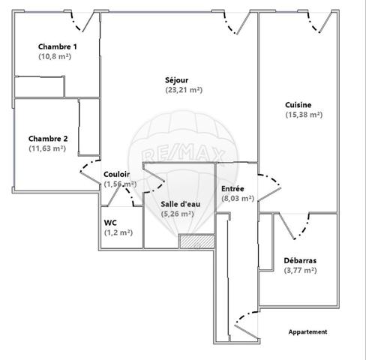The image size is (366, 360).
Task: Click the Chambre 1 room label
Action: pyautogui.click(x=58, y=46)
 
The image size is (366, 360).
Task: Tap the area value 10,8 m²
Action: pyautogui.click(x=55, y=56)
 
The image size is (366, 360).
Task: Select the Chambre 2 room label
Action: pyautogui.click(x=48, y=139)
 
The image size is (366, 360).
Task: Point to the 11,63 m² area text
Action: pyautogui.click(x=47, y=148)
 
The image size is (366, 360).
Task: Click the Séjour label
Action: pyautogui.click(x=177, y=80)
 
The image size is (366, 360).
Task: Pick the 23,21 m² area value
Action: pyautogui.click(x=184, y=90)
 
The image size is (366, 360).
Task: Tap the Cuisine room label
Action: pyautogui.click(x=298, y=105)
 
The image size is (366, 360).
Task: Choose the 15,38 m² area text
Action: pyautogui.click(x=304, y=115)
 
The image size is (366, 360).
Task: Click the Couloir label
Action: pyautogui.click(x=117, y=174)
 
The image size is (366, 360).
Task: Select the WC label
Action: pyautogui.click(x=110, y=223)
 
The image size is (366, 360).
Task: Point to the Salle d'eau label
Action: pyautogui.click(x=181, y=204)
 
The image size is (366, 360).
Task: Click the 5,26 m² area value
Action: pyautogui.click(x=178, y=214)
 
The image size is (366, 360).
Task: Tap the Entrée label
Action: pyautogui.click(x=232, y=189)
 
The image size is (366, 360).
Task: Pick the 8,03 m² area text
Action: pyautogui.click(x=238, y=199)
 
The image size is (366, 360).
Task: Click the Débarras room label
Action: pyautogui.click(x=300, y=261)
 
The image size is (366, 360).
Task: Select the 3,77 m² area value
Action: pyautogui.click(x=301, y=271)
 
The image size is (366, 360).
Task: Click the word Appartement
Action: pyautogui.click(x=307, y=332)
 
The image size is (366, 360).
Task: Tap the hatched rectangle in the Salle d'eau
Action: pyautogui.click(x=197, y=241)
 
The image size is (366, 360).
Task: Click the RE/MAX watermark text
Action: pyautogui.click(x=183, y=154)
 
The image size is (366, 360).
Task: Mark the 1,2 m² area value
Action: pyautogui.click(x=118, y=232)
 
